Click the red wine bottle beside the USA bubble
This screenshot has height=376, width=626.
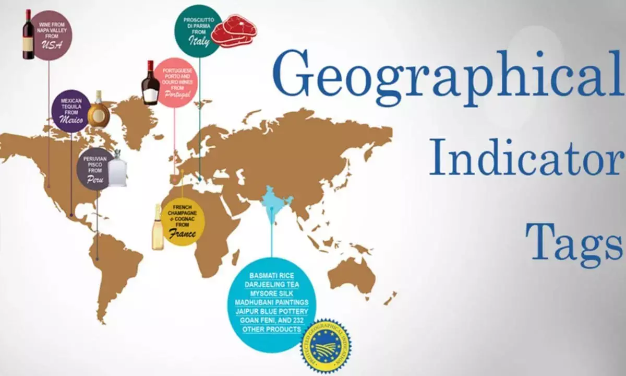28,34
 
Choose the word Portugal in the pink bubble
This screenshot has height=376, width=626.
176,95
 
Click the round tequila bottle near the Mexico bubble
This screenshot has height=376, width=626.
99,111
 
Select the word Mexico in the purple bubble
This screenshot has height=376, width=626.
71,120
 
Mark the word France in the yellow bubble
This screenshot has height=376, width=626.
182,234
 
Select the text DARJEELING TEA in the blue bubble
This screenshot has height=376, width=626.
271,285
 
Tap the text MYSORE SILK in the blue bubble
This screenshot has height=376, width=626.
271,293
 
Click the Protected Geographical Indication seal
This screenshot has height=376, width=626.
326,346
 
